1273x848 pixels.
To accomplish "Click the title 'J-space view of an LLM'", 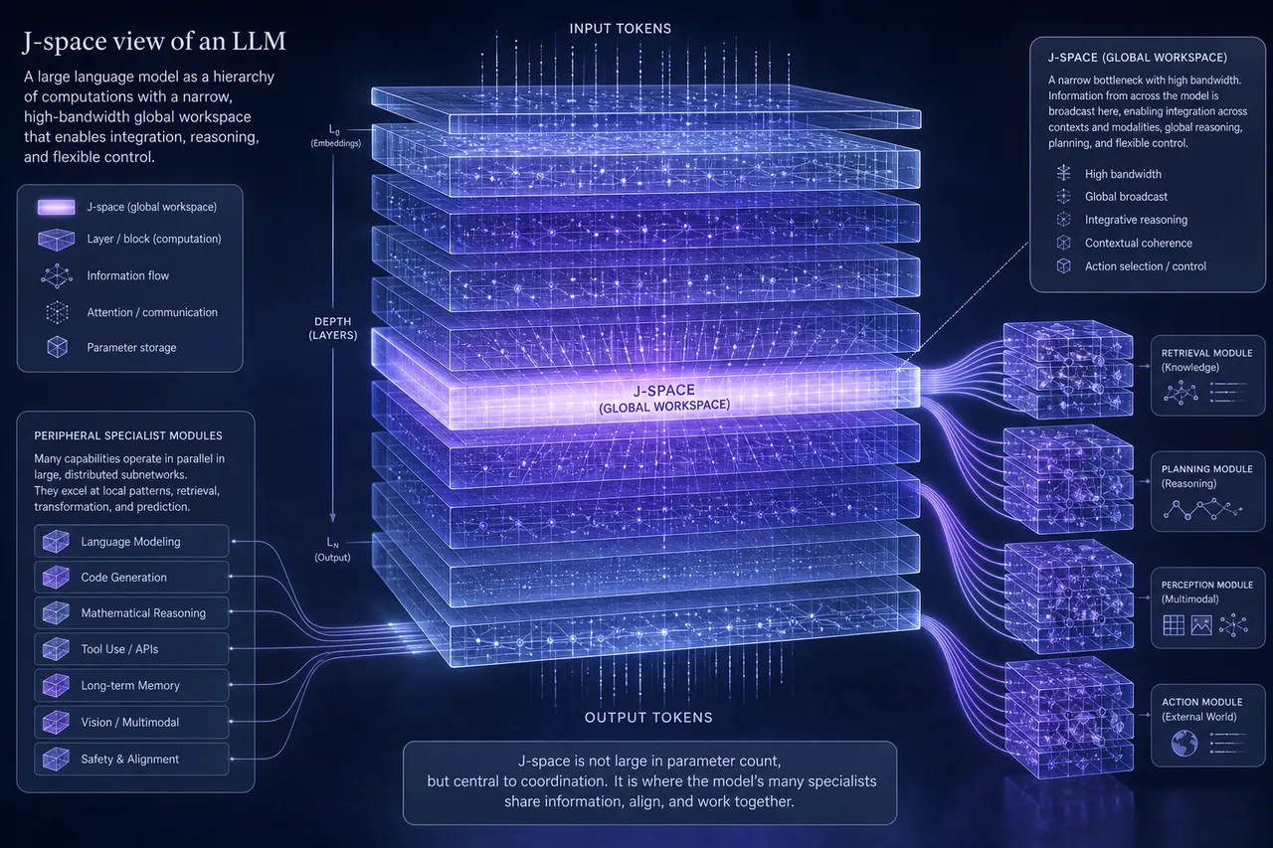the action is pyautogui.click(x=154, y=42).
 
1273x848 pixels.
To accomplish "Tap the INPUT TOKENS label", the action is pyautogui.click(x=620, y=29).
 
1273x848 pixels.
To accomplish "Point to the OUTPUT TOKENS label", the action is pyautogui.click(x=648, y=718).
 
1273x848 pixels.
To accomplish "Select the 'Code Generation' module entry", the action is pyautogui.click(x=131, y=577).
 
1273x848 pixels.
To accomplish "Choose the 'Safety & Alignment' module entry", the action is pyautogui.click(x=131, y=759).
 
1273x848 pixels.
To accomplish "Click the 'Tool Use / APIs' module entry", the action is pyautogui.click(x=131, y=648).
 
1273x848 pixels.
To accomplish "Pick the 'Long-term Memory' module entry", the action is pyautogui.click(x=131, y=685).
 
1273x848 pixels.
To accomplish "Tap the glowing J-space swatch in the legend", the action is pyautogui.click(x=56, y=207).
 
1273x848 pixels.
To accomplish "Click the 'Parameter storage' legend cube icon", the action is pyautogui.click(x=57, y=347).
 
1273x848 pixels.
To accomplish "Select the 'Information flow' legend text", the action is pyautogui.click(x=128, y=275).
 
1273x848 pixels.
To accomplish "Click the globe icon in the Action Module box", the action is pyautogui.click(x=1184, y=743).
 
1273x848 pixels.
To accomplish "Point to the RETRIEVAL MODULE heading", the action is pyautogui.click(x=1206, y=353).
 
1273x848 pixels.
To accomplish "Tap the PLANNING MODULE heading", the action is pyautogui.click(x=1206, y=468).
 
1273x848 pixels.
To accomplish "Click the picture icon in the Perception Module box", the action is pyautogui.click(x=1201, y=624).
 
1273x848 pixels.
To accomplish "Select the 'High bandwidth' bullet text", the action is pyautogui.click(x=1123, y=174).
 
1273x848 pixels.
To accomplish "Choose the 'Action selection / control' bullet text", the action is pyautogui.click(x=1145, y=265).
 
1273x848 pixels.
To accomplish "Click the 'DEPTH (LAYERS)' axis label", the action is pyautogui.click(x=333, y=328).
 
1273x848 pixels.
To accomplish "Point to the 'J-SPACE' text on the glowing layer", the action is pyautogui.click(x=663, y=391).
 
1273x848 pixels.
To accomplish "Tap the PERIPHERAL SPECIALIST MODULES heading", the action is pyautogui.click(x=128, y=435).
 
